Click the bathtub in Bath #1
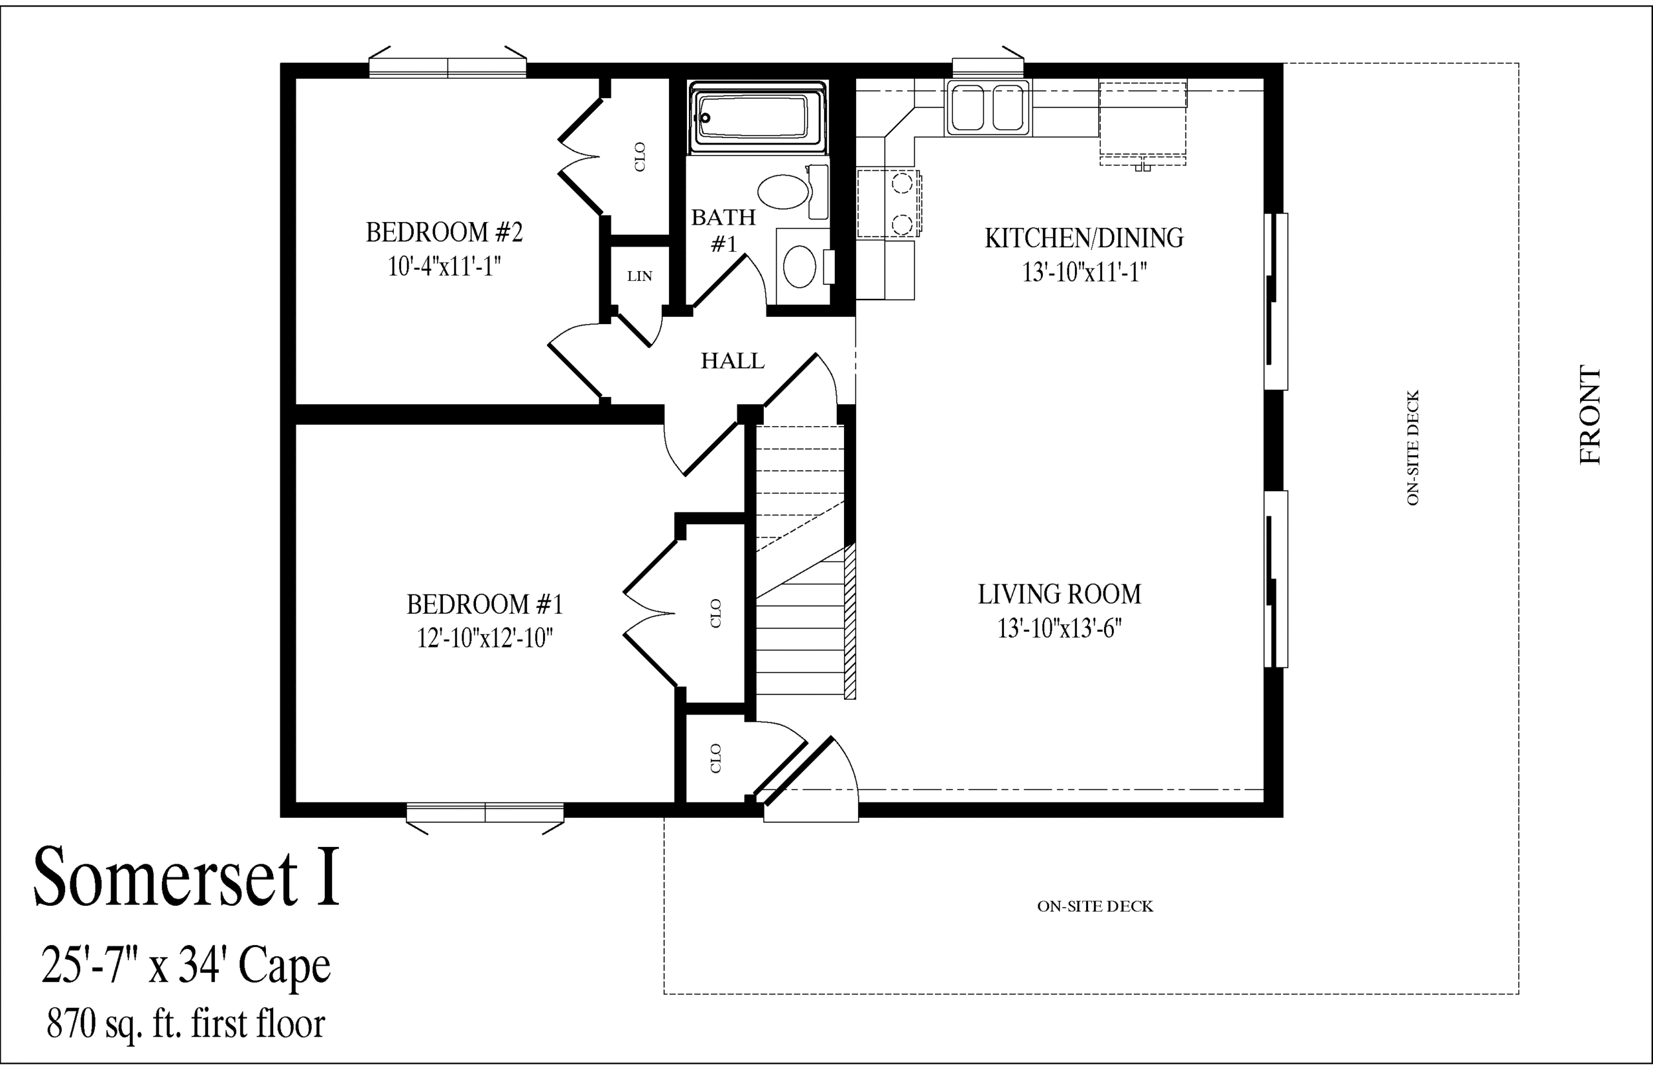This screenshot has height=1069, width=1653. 757,117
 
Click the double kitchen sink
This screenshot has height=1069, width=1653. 988,108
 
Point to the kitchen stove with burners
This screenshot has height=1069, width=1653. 889,204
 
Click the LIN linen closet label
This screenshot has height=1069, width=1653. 639,276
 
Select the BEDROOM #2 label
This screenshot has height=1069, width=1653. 444,232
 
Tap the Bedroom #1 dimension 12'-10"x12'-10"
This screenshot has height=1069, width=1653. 484,638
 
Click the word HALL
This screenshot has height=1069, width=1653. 732,361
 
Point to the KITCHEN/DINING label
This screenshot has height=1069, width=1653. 1083,238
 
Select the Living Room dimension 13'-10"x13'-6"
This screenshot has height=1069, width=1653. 1060,628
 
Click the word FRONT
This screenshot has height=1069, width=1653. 1590,414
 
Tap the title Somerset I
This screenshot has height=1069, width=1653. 187,876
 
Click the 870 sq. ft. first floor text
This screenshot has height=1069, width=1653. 186,1024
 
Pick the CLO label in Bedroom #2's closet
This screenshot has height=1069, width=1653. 639,157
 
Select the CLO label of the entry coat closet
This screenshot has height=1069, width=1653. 716,758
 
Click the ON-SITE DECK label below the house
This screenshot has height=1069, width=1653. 1095,906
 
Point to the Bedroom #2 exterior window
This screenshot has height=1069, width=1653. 447,63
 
